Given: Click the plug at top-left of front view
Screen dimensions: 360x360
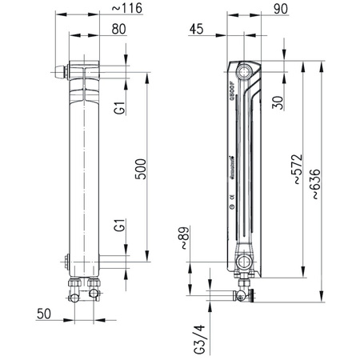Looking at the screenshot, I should tap(62, 73).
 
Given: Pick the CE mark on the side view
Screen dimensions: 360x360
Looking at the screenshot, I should tap(232, 196).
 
